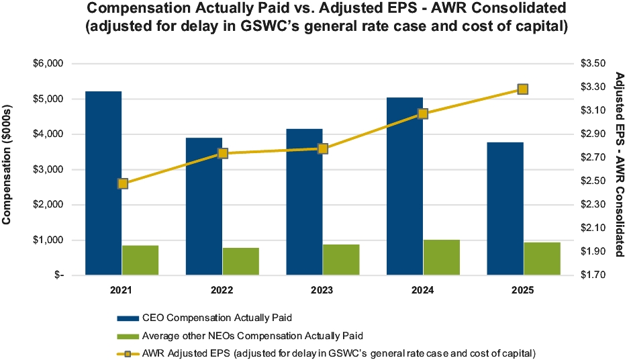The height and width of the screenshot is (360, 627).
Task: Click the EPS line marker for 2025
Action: pyautogui.click(x=523, y=89)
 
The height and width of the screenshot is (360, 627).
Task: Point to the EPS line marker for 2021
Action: pyautogui.click(x=122, y=183)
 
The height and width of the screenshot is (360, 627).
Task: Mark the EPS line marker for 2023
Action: pyautogui.click(x=322, y=148)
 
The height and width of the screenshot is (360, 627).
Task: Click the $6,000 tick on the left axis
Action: pyautogui.click(x=48, y=64)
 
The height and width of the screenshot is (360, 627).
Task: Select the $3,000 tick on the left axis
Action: pyautogui.click(x=48, y=169)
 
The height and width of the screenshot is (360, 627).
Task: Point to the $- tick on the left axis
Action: pyautogui.click(x=57, y=275)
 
